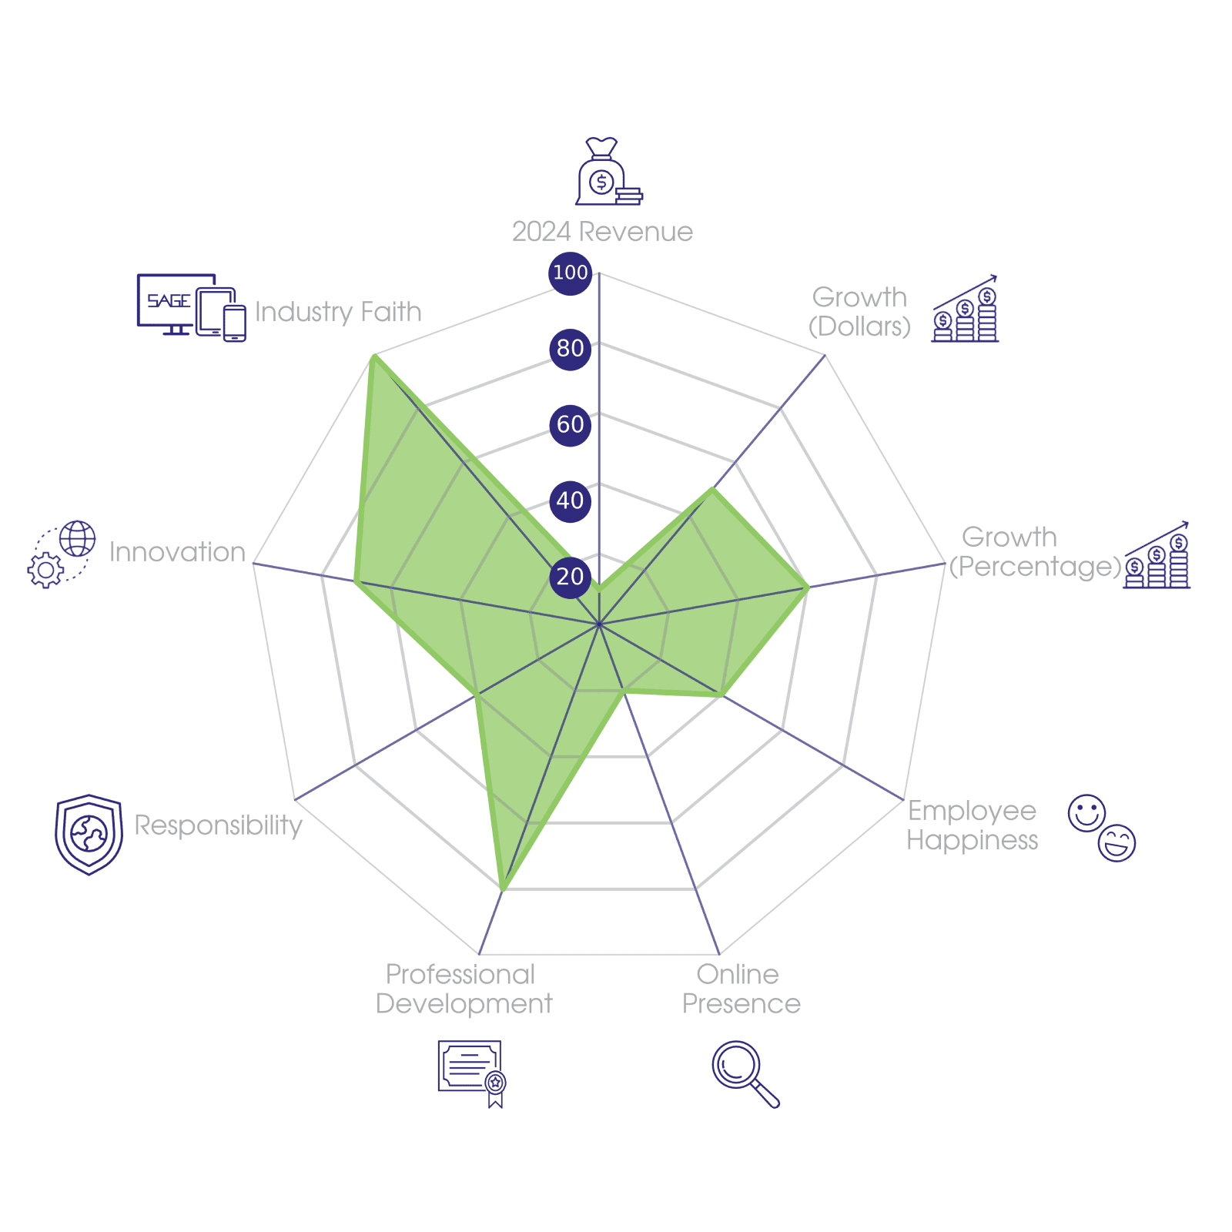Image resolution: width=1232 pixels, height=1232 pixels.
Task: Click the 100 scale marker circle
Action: point(570,273)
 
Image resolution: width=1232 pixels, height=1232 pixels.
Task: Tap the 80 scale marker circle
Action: point(570,348)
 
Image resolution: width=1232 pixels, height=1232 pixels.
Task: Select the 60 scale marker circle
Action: point(570,424)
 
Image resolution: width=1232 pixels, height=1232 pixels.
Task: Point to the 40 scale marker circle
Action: point(570,500)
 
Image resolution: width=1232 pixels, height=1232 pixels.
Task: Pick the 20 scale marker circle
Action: point(570,576)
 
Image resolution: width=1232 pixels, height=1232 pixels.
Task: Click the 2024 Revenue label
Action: point(602,232)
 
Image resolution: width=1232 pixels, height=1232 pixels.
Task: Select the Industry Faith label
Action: point(338,312)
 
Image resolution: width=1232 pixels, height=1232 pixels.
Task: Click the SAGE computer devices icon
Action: point(191,306)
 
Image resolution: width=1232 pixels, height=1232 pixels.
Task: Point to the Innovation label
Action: point(177,552)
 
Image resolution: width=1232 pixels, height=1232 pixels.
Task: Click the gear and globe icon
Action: point(62,554)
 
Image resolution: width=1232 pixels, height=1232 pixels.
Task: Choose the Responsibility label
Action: point(219,825)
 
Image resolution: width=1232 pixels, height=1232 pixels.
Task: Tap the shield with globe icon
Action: point(89,834)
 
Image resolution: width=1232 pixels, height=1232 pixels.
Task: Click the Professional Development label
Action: point(464,989)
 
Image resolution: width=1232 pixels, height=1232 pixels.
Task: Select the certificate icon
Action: point(471,1073)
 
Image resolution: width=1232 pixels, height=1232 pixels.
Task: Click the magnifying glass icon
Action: point(744,1073)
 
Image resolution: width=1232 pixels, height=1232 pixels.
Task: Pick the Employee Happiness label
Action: point(972,825)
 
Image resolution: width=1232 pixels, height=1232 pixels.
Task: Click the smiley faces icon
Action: point(1102,828)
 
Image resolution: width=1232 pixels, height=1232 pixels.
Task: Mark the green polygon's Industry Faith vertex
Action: point(372,355)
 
